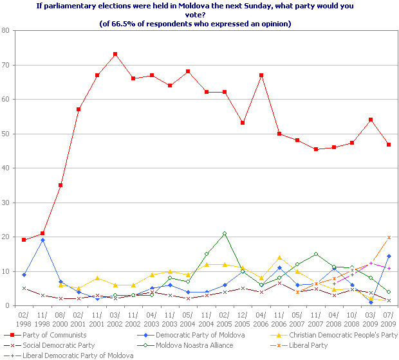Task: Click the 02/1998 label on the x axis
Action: pos(23,318)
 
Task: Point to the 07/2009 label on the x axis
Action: pos(389,318)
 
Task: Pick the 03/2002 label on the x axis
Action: pos(115,318)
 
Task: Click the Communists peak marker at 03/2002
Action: pos(115,54)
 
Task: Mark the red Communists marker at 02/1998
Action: pos(23,240)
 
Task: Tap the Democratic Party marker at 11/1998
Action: pos(42,240)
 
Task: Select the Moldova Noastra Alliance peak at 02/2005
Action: pos(225,233)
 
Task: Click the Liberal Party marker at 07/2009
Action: pos(389,237)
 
